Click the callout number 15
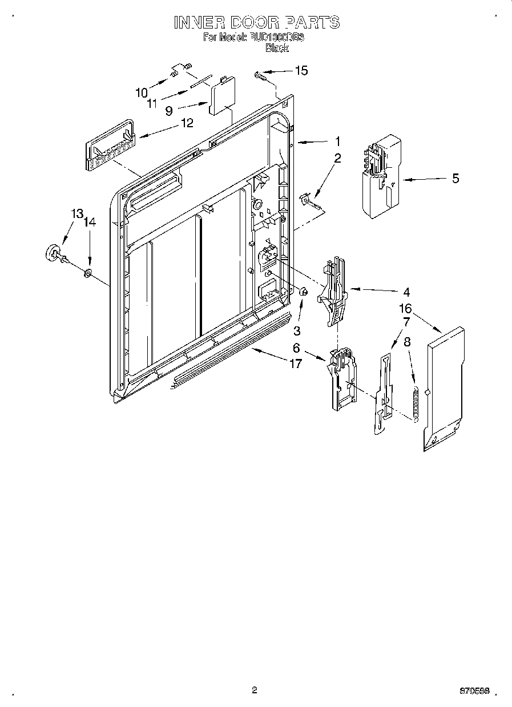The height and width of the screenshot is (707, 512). (x=301, y=71)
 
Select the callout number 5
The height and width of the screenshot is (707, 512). (x=455, y=179)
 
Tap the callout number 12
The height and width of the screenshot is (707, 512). (x=187, y=123)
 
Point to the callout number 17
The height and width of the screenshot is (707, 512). (x=295, y=363)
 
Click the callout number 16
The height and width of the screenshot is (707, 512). (x=405, y=309)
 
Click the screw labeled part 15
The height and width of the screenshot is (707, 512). (x=262, y=74)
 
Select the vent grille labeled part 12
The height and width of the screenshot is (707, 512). (x=110, y=147)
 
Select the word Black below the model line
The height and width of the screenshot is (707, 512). (x=277, y=49)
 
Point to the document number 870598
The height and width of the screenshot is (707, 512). (x=474, y=691)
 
